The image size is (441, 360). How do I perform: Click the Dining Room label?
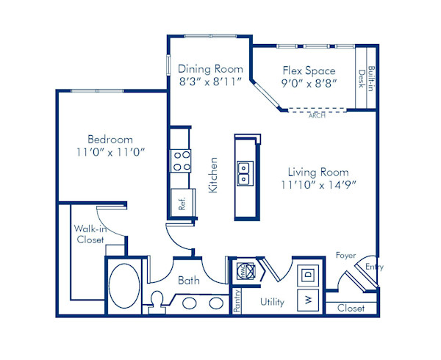click(210, 68)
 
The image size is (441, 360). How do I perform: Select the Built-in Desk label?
click(366, 78)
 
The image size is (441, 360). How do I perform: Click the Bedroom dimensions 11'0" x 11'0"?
click(110, 152)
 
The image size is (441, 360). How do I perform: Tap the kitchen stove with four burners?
click(181, 160)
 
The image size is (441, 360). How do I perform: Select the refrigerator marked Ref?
click(181, 200)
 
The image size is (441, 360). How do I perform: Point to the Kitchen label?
click(214, 175)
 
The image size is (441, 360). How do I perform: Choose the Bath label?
click(189, 280)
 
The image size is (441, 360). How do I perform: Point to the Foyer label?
click(345, 256)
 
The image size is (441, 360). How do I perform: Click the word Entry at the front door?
click(373, 267)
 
